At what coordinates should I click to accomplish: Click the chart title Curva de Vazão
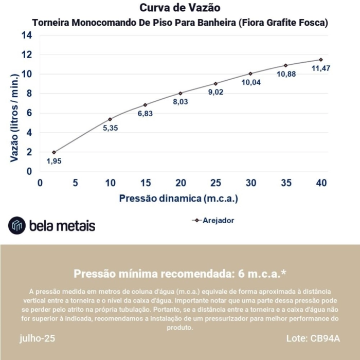coord(180,8)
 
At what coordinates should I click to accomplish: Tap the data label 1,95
coord(54,161)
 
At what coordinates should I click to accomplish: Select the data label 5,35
coord(111,128)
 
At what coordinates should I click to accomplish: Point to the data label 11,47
coord(321,68)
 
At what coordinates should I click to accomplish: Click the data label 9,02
coord(215,93)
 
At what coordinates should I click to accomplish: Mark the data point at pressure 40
coord(321,60)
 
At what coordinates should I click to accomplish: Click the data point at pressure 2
coord(54,152)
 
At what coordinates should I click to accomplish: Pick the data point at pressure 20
coord(181,93)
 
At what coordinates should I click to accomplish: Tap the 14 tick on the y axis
coord(27,35)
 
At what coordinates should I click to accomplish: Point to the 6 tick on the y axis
coord(29,113)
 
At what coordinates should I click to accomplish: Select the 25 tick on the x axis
coord(215,183)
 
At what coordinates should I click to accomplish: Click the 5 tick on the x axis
coord(75,183)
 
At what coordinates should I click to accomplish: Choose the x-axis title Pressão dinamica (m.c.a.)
coord(179,198)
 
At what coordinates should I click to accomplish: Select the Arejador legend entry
coord(213,220)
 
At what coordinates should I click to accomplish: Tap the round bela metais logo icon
coord(17,225)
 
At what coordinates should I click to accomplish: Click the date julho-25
coord(37,338)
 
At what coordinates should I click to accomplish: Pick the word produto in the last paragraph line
coord(179,327)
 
